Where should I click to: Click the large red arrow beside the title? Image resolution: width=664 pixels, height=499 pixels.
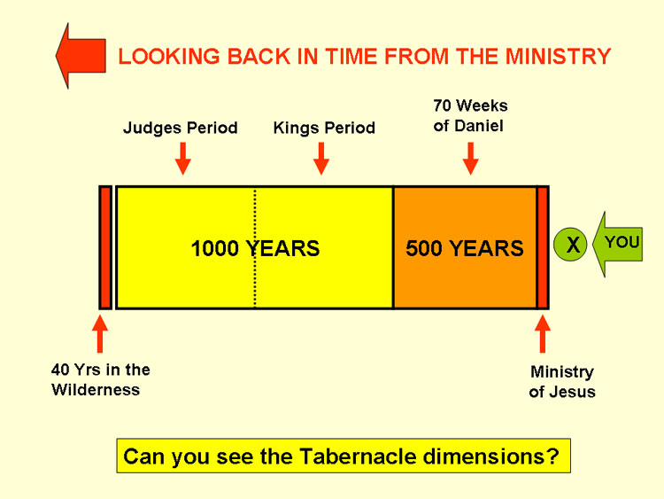(81, 56)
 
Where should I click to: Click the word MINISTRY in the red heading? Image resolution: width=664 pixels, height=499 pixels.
(558, 56)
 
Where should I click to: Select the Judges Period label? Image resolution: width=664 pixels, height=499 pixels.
(180, 128)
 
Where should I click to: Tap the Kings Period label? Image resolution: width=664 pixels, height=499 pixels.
(324, 128)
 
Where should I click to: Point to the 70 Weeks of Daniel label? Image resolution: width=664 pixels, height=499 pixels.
(470, 115)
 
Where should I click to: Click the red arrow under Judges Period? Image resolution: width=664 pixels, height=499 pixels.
(183, 159)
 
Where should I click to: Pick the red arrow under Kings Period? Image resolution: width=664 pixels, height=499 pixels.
(321, 159)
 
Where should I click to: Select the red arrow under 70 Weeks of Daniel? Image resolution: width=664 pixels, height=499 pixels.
(470, 159)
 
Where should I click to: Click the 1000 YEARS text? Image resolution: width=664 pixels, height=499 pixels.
(255, 248)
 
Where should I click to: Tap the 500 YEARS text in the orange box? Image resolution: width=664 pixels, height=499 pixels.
(465, 248)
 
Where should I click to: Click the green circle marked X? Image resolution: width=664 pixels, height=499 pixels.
(570, 245)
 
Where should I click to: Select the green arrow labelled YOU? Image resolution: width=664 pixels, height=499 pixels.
(617, 245)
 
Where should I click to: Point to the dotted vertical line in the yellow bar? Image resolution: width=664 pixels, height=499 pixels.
(255, 247)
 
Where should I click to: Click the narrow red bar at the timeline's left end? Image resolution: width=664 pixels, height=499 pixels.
(105, 247)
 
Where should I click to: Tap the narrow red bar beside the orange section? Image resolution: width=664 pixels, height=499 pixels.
(543, 247)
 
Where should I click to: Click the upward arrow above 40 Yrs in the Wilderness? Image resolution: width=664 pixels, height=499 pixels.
(100, 334)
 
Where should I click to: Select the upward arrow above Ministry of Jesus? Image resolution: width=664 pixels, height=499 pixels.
(543, 334)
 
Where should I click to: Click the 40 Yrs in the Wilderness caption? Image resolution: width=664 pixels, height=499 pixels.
(101, 379)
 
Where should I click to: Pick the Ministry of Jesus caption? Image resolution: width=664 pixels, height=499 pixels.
(562, 382)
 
